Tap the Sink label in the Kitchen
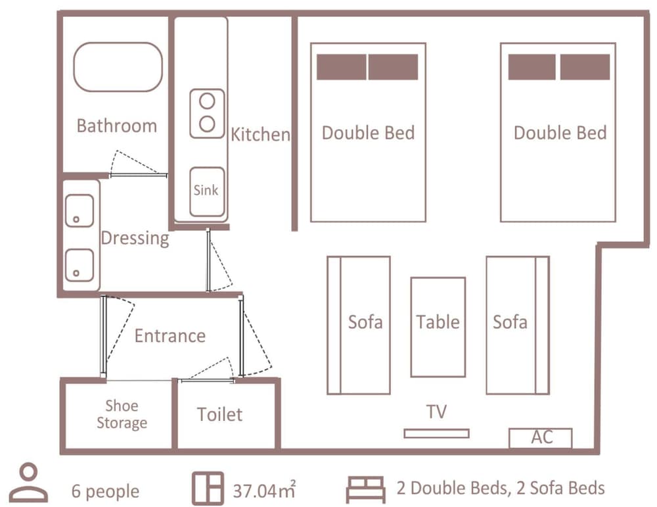click(206, 191)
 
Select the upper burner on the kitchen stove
click(207, 101)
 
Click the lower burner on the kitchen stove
click(207, 124)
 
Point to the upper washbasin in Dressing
click(79, 210)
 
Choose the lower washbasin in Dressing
click(79, 265)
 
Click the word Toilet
click(219, 414)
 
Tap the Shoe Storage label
click(122, 414)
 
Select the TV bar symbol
click(437, 433)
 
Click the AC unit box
click(541, 438)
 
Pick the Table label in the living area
click(438, 322)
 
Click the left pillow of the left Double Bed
click(342, 67)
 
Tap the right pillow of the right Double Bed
click(585, 67)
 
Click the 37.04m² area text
click(264, 490)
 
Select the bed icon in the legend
click(366, 489)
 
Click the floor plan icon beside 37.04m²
click(208, 489)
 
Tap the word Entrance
click(170, 336)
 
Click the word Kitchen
click(260, 135)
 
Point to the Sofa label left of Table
click(365, 322)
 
